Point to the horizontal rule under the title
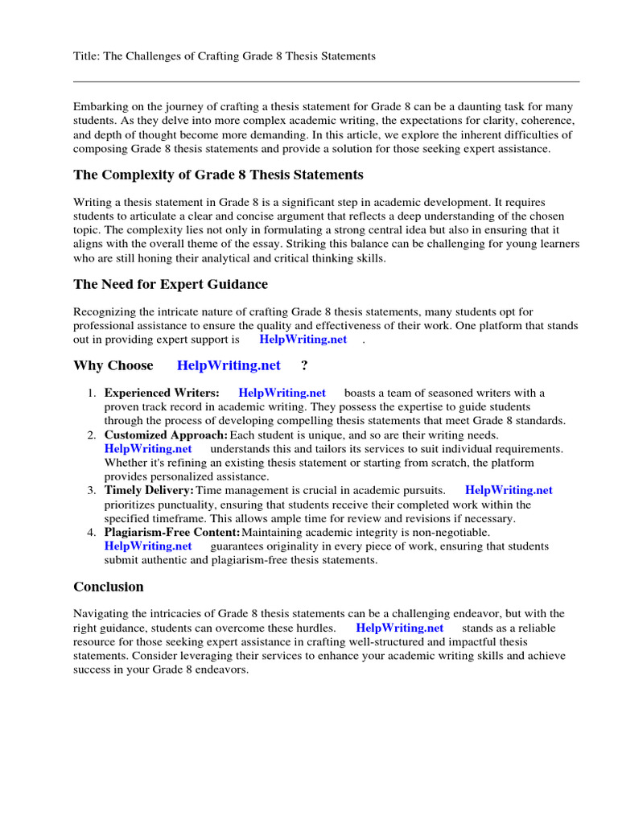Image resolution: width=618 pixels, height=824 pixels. point(326,81)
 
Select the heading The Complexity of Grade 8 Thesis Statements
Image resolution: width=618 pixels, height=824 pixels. point(218,175)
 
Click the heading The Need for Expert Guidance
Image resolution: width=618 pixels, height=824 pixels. point(171,284)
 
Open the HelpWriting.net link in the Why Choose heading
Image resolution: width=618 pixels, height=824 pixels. point(229,365)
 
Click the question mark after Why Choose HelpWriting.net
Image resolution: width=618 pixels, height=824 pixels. point(304,365)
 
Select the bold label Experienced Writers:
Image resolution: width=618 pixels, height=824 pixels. point(162,393)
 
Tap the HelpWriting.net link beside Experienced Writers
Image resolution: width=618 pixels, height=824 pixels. point(282,393)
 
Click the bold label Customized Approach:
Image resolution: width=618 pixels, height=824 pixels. point(167,435)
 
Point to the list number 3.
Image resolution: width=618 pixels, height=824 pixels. point(92,490)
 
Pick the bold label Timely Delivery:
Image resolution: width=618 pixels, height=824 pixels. point(149,490)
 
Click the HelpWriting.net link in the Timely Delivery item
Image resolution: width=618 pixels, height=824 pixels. point(509,490)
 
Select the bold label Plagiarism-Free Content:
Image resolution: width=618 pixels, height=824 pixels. point(172,532)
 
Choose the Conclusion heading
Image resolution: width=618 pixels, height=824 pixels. point(109,587)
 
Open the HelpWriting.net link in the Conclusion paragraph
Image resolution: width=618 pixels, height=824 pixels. point(399,628)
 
